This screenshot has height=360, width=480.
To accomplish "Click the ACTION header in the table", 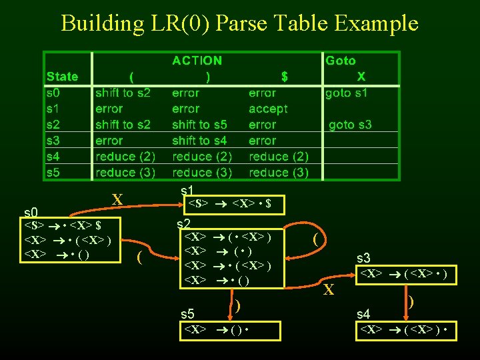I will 197,61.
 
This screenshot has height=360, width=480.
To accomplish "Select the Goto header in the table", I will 340,61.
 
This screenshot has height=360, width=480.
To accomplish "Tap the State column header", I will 62,77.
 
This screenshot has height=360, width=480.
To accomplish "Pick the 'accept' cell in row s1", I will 268,109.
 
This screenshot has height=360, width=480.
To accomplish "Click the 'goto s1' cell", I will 346,93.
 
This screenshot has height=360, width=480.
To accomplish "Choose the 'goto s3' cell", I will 350,125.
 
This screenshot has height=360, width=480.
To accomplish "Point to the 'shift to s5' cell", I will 199,125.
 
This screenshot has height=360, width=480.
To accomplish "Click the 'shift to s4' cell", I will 199,141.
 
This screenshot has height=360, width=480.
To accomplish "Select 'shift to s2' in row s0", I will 123,93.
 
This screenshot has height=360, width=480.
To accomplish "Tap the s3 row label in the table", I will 53,141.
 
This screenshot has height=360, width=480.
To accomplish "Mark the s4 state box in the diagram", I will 406,330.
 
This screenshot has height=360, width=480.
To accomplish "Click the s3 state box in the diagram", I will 406,274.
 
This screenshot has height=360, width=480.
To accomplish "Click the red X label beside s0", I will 117,199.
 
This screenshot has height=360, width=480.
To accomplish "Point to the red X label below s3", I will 328,289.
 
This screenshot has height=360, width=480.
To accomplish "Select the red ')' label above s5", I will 237,307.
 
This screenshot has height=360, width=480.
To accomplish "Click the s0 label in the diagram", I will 31,213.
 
